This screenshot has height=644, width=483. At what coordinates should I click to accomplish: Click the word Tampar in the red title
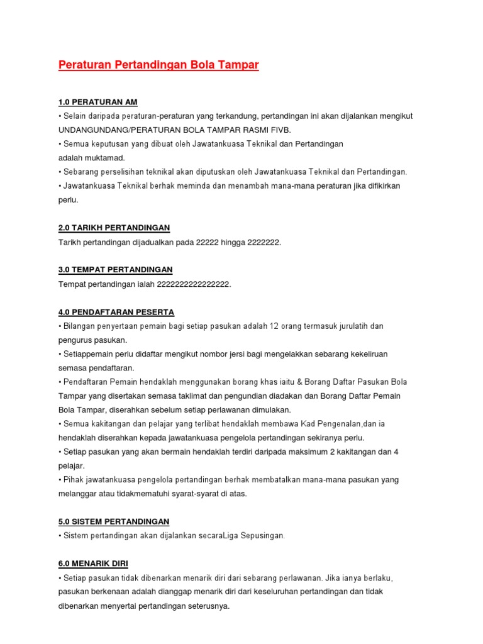[x=238, y=65]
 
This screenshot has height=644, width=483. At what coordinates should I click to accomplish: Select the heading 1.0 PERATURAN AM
[x=97, y=102]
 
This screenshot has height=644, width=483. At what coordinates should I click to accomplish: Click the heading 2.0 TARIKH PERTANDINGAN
[x=114, y=228]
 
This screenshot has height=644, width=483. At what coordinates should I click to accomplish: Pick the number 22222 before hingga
[x=216, y=242]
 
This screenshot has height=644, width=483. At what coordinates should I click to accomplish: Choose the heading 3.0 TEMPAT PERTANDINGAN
[x=115, y=270]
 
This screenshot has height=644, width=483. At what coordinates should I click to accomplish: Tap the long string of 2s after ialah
[x=189, y=284]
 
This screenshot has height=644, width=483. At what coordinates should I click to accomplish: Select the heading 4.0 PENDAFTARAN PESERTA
[x=116, y=312]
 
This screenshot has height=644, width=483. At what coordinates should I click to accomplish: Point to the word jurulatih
[x=354, y=326]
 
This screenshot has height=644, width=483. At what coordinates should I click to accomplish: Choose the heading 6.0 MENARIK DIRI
[x=93, y=563]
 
